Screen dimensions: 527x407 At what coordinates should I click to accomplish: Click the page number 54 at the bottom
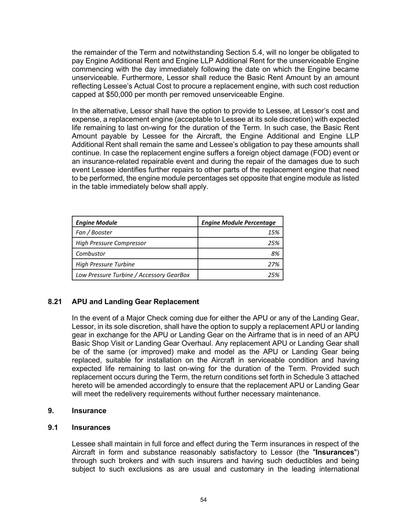203,500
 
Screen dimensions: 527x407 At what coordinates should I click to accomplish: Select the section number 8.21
55,302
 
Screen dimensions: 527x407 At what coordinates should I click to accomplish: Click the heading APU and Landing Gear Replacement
135,302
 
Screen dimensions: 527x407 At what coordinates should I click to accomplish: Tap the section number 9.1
53,427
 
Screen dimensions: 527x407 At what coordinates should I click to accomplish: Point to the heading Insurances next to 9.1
91,427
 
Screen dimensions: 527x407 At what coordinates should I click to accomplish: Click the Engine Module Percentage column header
238,222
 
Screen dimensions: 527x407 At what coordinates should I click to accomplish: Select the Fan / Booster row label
94,232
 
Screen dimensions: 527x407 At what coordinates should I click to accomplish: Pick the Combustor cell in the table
90,254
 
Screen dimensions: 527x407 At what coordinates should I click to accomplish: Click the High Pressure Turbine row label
105,264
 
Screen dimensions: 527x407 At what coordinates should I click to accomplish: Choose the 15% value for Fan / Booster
274,232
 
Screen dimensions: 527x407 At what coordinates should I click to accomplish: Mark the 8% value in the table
275,254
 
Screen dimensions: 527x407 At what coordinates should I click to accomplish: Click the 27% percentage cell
274,264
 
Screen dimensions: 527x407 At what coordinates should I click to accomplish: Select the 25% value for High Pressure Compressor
274,243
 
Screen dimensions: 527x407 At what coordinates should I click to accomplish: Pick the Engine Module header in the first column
96,222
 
